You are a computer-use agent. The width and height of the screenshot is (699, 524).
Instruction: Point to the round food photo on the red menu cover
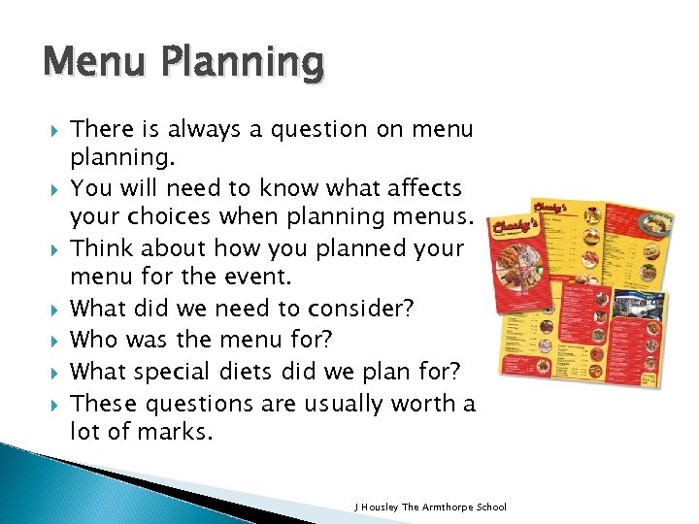click(518, 268)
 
